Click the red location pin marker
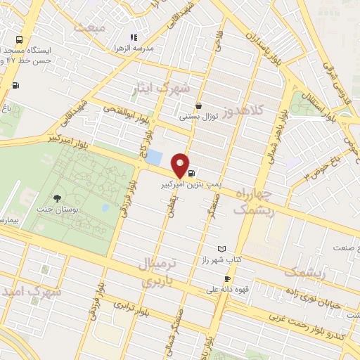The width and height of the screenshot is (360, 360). [181, 165]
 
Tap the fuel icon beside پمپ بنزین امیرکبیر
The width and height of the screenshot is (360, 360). [193, 171]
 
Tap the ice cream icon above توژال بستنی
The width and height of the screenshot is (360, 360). [200, 106]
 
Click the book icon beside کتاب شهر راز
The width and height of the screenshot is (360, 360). [222, 250]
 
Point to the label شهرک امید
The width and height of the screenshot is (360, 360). [27, 290]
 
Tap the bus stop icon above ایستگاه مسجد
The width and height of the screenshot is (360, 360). [19, 40]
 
